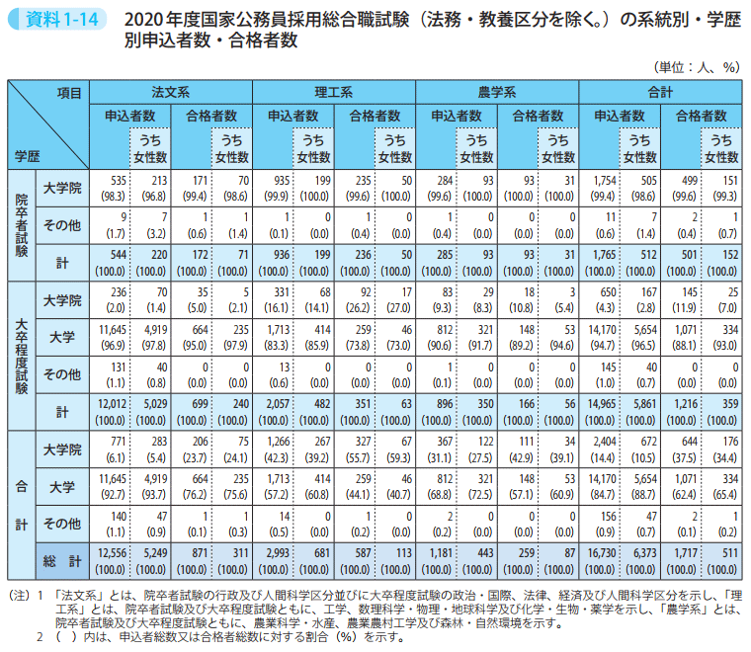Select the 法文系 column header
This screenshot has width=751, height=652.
click(x=171, y=91)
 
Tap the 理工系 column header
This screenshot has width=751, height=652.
click(x=334, y=91)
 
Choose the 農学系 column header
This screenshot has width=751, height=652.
click(x=497, y=91)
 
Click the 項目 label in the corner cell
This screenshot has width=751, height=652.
click(x=69, y=92)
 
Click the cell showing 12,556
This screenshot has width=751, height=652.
click(x=113, y=556)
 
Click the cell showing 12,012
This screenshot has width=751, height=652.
click(x=113, y=404)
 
